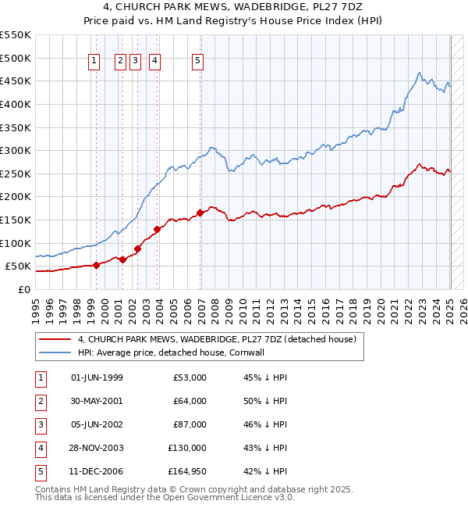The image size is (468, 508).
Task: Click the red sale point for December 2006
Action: pos(200,213)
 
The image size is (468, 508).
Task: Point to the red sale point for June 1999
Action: pos(96,265)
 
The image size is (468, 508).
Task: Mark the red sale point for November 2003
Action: pos(157,229)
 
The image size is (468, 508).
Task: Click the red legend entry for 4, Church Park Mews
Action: pos(216,339)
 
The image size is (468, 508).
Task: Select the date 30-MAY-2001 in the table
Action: pos(97,401)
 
